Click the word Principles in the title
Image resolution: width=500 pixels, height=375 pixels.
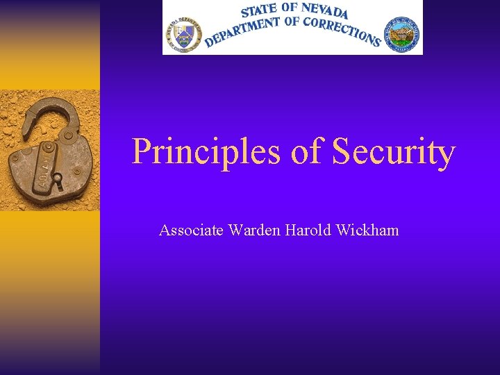tap(206, 152)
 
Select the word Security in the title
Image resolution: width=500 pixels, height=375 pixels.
tap(393, 152)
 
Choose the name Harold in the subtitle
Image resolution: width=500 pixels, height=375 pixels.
tap(308, 230)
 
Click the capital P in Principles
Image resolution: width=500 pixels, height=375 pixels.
tap(142, 152)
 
